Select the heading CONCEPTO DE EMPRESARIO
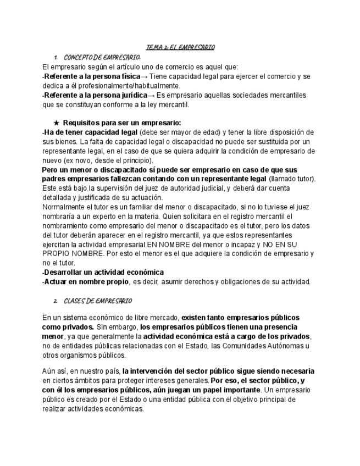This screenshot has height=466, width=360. click(x=102, y=57)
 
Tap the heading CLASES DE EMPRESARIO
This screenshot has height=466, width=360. click(x=97, y=301)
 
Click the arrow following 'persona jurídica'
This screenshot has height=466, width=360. click(x=151, y=95)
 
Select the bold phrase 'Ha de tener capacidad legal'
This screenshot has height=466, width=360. click(x=91, y=132)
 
